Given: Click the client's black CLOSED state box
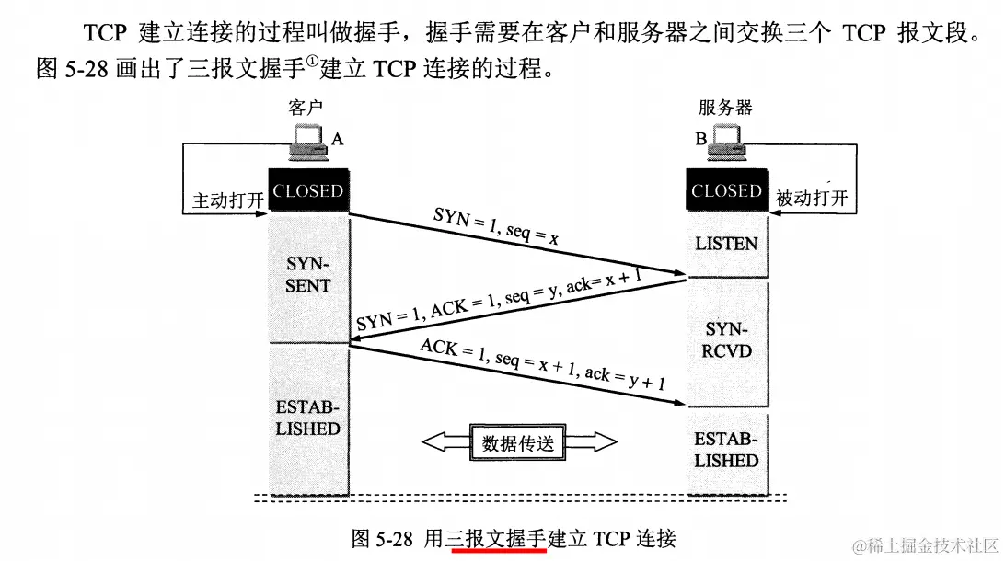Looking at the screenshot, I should [307, 191].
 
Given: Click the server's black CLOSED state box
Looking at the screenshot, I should [726, 191].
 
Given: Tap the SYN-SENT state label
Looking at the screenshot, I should [307, 275].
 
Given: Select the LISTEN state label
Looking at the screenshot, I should [726, 244].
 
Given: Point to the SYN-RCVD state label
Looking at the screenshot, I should [727, 339].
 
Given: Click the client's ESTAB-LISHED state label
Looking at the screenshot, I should [307, 418].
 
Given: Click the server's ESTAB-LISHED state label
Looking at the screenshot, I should [726, 450].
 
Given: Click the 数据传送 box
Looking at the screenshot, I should [518, 442].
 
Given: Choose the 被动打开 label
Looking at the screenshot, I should [811, 199].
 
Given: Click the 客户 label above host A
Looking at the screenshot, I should [306, 108].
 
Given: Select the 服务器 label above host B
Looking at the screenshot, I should [725, 108].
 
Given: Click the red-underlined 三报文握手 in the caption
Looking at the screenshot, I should [496, 538].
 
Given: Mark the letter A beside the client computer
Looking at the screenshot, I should [337, 139].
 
